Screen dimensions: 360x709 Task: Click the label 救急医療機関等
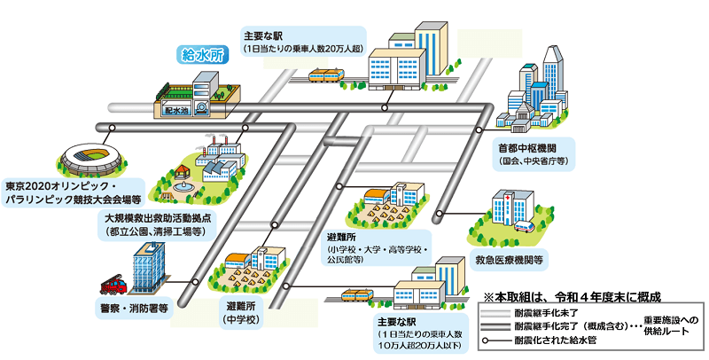(x=510, y=262)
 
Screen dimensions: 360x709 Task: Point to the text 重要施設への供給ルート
(x=672, y=325)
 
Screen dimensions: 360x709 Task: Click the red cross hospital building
(x=502, y=207)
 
